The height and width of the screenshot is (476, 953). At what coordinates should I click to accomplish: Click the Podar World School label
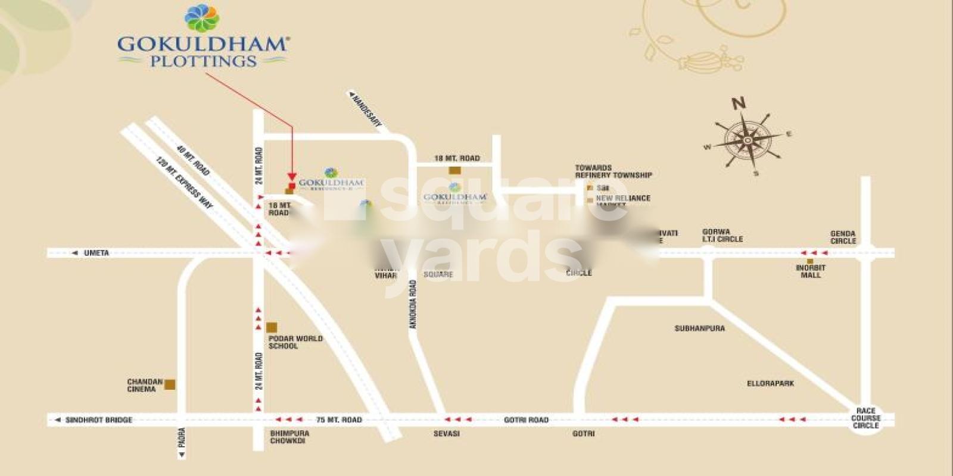coord(295,342)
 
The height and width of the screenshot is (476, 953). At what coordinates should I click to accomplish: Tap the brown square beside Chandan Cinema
coord(170,384)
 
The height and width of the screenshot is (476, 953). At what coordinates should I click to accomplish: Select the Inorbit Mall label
coord(811,271)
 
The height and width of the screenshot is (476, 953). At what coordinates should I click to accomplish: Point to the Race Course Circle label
coord(865,418)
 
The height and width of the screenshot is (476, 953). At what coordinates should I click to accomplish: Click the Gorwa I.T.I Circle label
coord(722,236)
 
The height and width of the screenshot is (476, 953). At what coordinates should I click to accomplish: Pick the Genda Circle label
coord(843,237)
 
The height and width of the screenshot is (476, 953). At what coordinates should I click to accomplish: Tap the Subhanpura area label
coord(699,328)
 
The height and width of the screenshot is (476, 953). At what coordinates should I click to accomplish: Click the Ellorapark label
coord(770,384)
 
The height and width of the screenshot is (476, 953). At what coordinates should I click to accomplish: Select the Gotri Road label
coord(525,420)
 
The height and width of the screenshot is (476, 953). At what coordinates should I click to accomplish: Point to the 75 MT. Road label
coord(339,420)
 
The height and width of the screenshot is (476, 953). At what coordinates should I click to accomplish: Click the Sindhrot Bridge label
coord(98,420)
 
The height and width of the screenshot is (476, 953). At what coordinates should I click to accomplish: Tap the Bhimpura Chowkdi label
coord(289,437)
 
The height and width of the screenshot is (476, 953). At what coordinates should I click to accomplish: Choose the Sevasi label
coord(446,434)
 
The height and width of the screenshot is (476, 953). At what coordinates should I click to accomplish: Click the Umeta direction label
coord(96,253)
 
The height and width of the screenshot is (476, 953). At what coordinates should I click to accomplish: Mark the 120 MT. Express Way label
coord(184,182)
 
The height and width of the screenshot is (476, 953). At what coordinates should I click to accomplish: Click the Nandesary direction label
coord(366,110)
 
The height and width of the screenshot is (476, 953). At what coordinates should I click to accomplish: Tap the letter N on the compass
coord(739,103)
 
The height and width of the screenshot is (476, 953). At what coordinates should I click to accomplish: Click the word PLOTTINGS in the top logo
coord(203,61)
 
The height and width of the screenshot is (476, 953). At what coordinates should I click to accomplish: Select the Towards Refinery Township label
coord(613,171)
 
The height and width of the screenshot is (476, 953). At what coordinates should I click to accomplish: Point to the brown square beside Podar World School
coord(272,327)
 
